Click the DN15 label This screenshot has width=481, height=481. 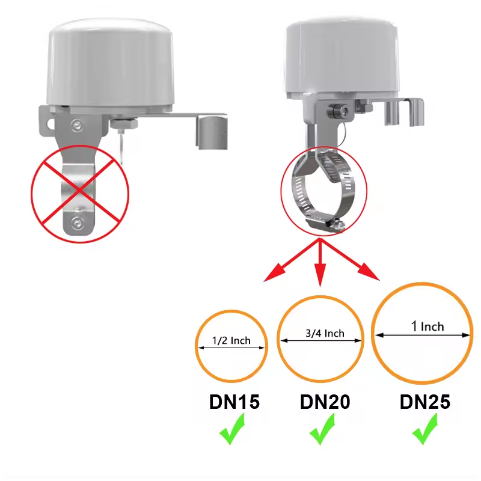[x=234, y=402]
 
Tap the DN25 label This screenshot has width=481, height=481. [x=424, y=402]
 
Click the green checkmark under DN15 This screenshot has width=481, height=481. [x=231, y=433]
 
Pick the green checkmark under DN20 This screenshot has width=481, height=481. [x=323, y=433]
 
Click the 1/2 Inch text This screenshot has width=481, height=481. [x=231, y=341]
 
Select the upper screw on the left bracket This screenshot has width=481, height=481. [x=76, y=124]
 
